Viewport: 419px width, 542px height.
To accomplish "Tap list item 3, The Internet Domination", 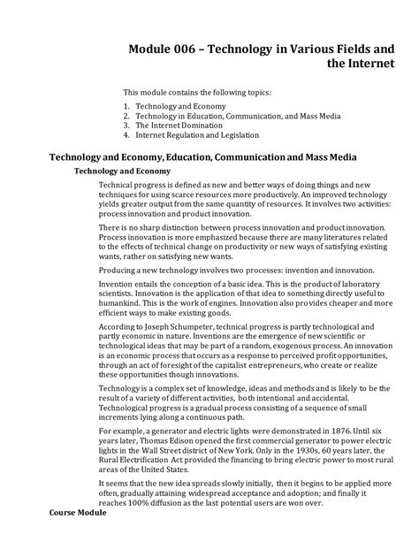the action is [180, 126].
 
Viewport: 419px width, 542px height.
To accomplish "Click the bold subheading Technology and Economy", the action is [122, 171].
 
